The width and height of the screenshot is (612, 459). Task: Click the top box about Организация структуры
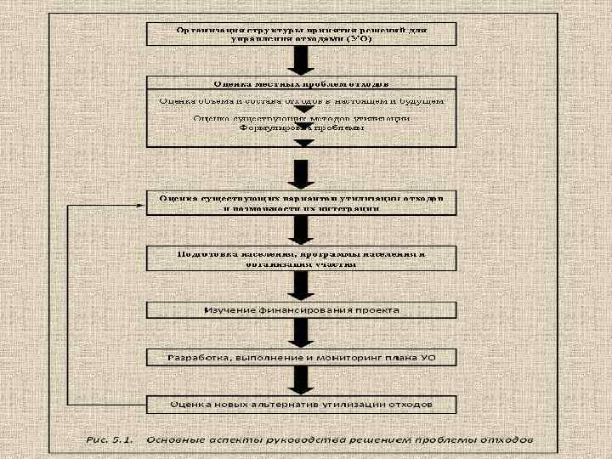(303, 34)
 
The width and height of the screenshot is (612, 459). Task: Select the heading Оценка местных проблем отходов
(303, 84)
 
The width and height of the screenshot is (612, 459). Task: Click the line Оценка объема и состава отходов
(303, 101)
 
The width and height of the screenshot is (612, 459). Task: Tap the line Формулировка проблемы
(303, 127)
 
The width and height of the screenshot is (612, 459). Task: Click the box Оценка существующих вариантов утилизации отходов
(303, 202)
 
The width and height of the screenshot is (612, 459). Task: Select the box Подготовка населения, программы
(303, 258)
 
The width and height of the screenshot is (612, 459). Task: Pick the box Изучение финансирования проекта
(303, 310)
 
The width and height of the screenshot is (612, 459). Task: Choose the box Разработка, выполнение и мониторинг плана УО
(303, 358)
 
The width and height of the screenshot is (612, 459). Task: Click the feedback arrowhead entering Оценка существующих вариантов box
(144, 205)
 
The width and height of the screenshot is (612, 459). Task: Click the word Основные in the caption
(174, 440)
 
